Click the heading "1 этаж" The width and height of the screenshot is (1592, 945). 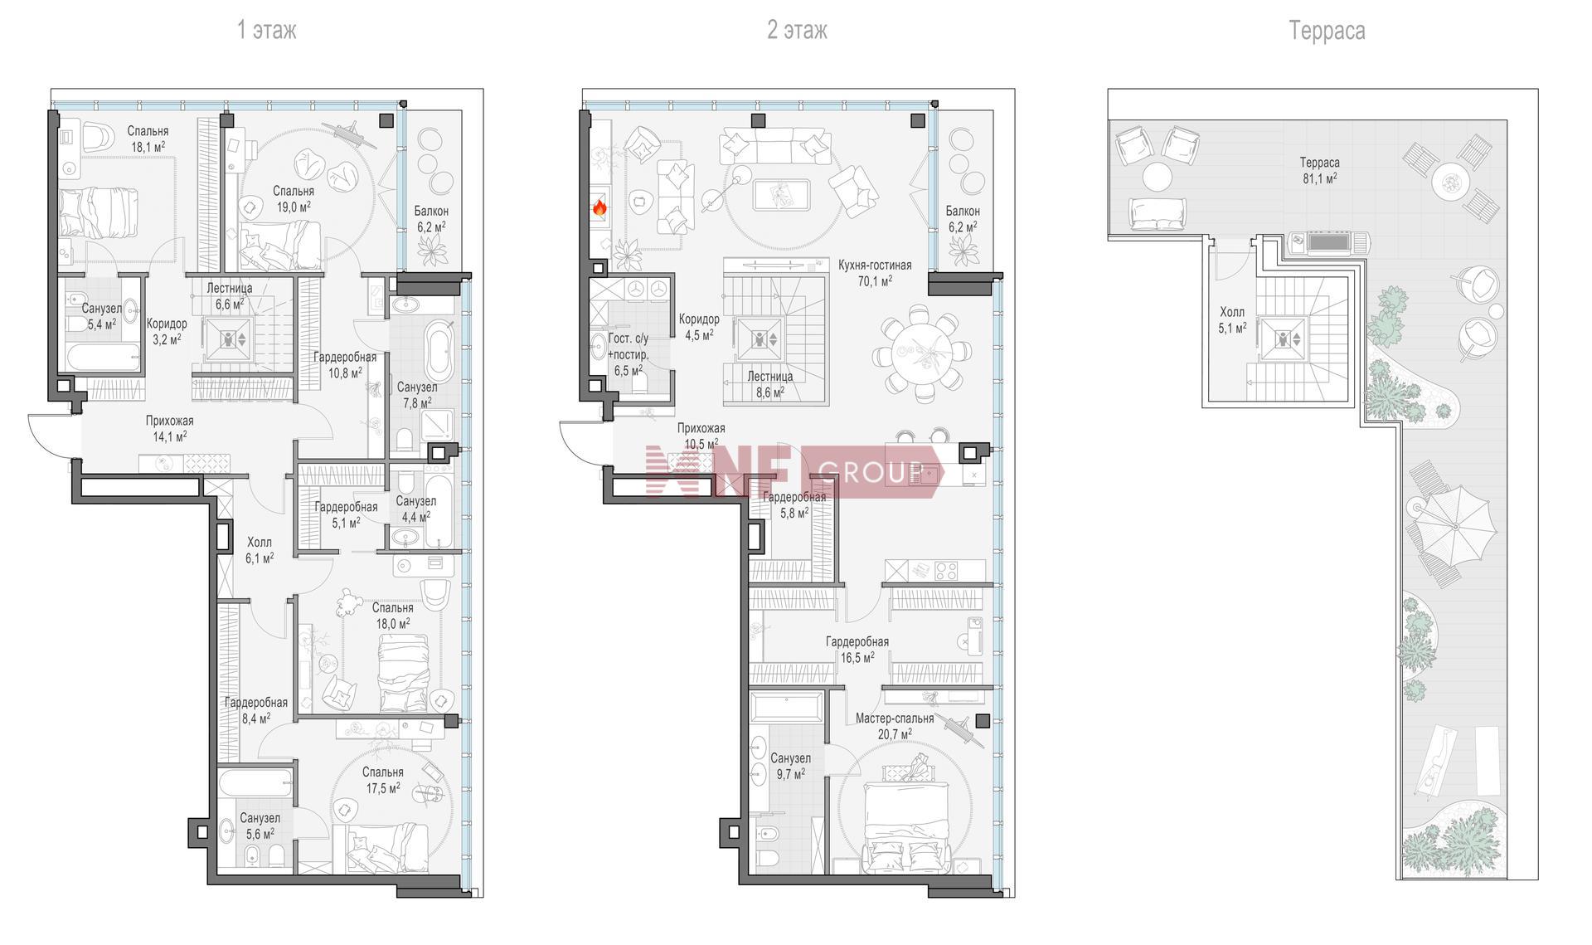pyautogui.click(x=266, y=31)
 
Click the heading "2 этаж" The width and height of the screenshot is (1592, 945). pyautogui.click(x=797, y=31)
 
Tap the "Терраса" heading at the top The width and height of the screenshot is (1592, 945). pyautogui.click(x=1327, y=31)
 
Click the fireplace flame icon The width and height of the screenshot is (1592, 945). pyautogui.click(x=599, y=208)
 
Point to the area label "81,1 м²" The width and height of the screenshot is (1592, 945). pyautogui.click(x=1320, y=178)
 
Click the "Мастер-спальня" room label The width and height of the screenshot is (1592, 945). pyautogui.click(x=895, y=718)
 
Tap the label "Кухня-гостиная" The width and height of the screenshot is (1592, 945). pyautogui.click(x=875, y=265)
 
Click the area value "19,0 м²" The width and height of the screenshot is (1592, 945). pyautogui.click(x=294, y=206)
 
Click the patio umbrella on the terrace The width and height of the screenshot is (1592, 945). pyautogui.click(x=1454, y=525)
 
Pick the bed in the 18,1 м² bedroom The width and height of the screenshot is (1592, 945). pyautogui.click(x=97, y=211)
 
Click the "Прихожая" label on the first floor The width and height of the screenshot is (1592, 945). pyautogui.click(x=169, y=421)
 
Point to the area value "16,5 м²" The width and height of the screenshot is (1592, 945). pyautogui.click(x=857, y=658)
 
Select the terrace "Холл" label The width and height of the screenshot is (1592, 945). pyautogui.click(x=1232, y=313)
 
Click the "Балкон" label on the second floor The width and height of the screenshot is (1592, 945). pyautogui.click(x=963, y=212)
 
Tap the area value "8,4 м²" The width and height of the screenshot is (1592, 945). pyautogui.click(x=255, y=718)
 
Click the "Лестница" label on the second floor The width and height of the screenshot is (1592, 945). pyautogui.click(x=770, y=377)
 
